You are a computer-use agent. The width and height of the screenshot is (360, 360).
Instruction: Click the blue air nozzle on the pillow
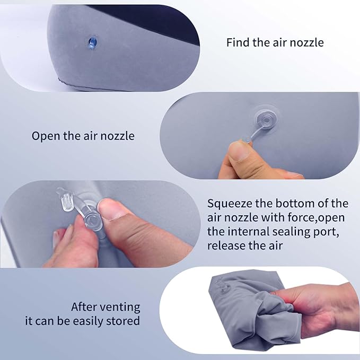point(92,43)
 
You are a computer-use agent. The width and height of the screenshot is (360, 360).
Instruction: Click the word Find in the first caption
point(238,42)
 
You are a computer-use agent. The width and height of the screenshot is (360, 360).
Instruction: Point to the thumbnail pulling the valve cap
point(238,152)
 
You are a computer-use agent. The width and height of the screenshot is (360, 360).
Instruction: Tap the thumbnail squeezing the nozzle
point(111,209)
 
